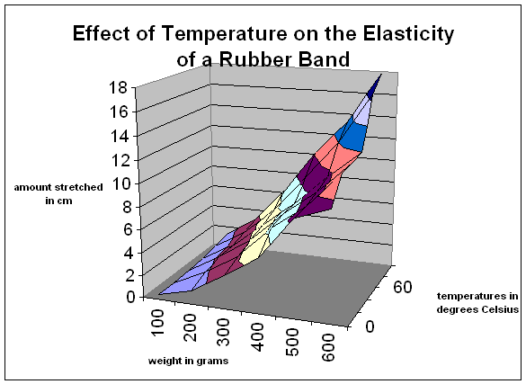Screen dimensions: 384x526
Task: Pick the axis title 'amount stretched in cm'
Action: click(58, 193)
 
